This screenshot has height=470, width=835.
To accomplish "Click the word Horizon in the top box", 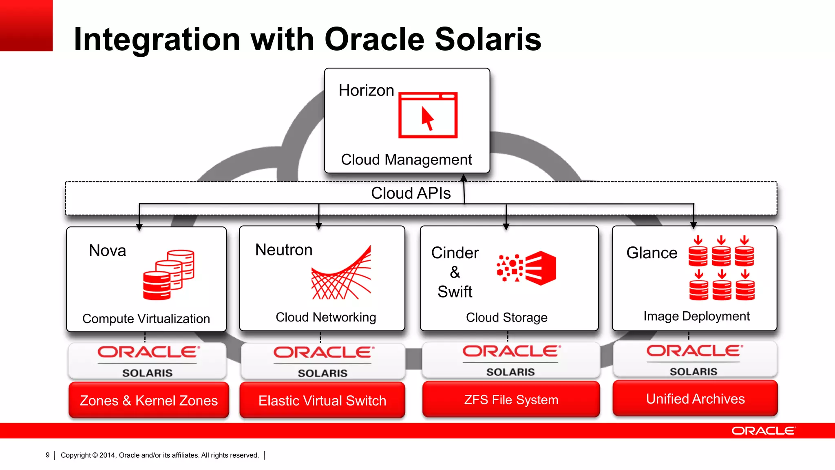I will (x=366, y=91).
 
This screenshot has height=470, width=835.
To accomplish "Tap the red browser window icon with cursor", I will (x=428, y=115).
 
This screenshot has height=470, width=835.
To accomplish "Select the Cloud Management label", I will (x=406, y=160).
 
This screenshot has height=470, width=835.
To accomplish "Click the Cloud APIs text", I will (x=411, y=193).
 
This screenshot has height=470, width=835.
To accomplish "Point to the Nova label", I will (x=107, y=251).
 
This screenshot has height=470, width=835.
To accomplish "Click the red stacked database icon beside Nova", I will (x=168, y=275).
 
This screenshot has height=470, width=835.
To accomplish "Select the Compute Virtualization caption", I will (x=146, y=319).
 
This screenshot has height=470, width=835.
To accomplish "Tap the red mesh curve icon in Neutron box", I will (x=341, y=273).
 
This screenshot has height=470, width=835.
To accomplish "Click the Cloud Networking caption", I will (x=326, y=317).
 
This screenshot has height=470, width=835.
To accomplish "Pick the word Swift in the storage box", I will (x=455, y=292).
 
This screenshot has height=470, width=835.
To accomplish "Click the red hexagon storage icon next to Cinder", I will (x=540, y=268).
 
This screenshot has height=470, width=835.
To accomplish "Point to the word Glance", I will (x=652, y=253).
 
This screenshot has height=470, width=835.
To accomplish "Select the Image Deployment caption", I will (x=696, y=316).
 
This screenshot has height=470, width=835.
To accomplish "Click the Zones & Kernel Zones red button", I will (x=149, y=400).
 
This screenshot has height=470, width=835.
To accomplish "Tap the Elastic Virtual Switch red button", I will (x=322, y=400).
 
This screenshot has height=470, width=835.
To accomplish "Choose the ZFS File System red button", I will (x=511, y=399).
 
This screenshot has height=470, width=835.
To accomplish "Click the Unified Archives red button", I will (x=695, y=399).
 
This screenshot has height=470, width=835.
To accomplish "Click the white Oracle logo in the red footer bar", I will (x=763, y=431).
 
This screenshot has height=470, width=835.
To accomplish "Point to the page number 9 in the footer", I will (x=48, y=455).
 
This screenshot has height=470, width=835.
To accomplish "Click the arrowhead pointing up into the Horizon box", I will (x=464, y=178).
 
